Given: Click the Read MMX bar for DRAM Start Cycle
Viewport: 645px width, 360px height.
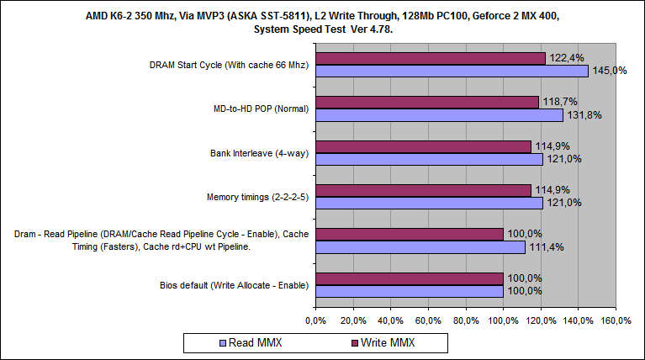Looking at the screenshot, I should pyautogui.click(x=452, y=71).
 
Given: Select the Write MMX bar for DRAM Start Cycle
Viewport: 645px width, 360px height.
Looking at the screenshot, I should pyautogui.click(x=431, y=58).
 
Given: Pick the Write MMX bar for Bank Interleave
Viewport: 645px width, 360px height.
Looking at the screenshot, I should pyautogui.click(x=423, y=146).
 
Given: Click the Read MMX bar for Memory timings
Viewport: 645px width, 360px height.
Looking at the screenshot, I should pyautogui.click(x=429, y=204).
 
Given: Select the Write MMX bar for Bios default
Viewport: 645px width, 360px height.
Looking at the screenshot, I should pyautogui.click(x=410, y=278).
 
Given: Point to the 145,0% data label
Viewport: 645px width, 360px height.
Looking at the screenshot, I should pyautogui.click(x=611, y=71).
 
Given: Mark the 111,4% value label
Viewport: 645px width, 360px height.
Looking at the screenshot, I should pyautogui.click(x=547, y=247).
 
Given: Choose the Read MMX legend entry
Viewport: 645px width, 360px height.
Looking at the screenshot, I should pyautogui.click(x=252, y=342).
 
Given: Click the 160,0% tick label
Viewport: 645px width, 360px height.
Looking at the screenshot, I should pyautogui.click(x=616, y=320).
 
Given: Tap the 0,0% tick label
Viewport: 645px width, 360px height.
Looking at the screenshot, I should pyautogui.click(x=315, y=320).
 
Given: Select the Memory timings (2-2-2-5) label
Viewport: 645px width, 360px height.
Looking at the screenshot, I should pyautogui.click(x=257, y=197).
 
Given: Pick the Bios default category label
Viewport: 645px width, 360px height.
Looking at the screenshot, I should pyautogui.click(x=233, y=285).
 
